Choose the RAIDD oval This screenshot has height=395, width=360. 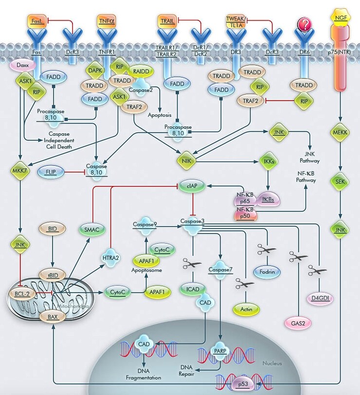141,71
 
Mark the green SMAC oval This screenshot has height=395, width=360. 91,230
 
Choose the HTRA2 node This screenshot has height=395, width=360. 111,256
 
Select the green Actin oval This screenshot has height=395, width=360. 246,308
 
